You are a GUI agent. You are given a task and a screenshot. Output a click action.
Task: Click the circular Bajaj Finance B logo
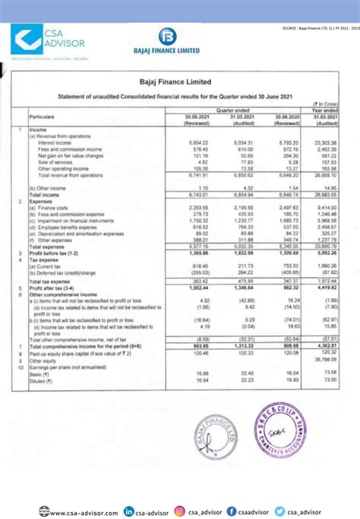(168, 36)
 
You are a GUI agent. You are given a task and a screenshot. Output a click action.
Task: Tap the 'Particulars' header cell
(43, 118)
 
